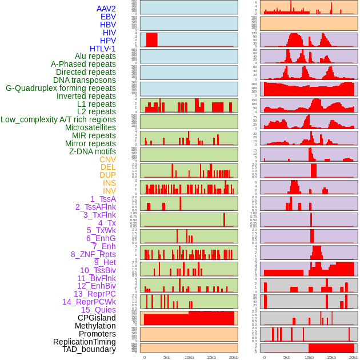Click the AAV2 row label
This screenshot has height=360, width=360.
(x=106, y=9)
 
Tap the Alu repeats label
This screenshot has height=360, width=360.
(x=95, y=56)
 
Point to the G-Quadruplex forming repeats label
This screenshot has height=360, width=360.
(x=61, y=88)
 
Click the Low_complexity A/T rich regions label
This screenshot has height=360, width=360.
(x=58, y=119)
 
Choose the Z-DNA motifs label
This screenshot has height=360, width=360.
(x=92, y=151)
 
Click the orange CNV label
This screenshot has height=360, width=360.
(x=107, y=159)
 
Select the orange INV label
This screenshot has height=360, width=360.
(x=109, y=191)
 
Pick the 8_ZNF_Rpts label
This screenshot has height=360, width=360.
(x=93, y=254)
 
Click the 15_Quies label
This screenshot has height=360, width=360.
(x=98, y=310)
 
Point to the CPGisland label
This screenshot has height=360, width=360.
(x=97, y=318)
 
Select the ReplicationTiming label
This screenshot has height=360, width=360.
(x=84, y=342)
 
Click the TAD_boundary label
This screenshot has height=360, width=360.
(x=89, y=349)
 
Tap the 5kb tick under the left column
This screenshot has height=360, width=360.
(x=167, y=357)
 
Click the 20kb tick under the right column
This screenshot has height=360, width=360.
(x=354, y=357)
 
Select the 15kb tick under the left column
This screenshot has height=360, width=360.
(x=211, y=357)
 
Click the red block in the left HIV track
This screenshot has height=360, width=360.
(x=151, y=39)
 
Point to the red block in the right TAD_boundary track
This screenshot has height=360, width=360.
(x=331, y=348)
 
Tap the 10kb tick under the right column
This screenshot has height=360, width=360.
(x=309, y=357)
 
